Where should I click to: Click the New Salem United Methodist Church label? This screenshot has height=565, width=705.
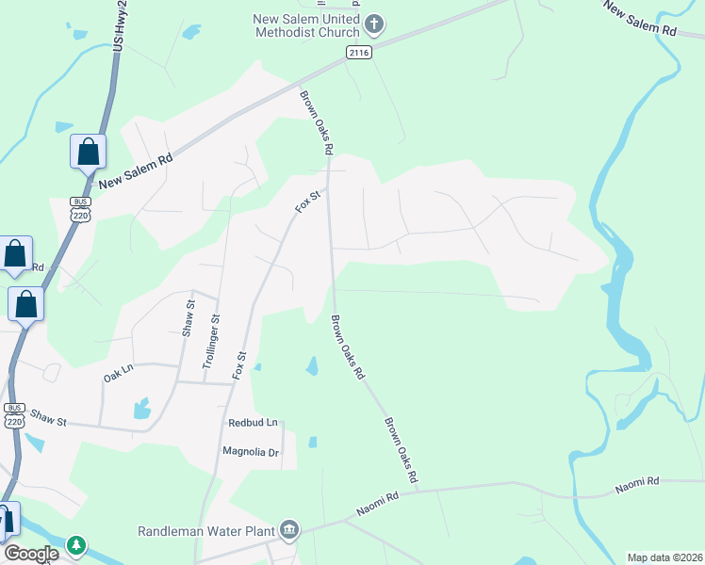click(x=306, y=25)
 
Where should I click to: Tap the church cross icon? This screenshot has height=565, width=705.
click(x=374, y=23)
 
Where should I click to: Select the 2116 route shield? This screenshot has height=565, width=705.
click(x=358, y=52)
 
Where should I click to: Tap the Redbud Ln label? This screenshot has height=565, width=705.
click(x=254, y=424)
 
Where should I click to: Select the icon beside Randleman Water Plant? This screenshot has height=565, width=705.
click(x=289, y=530)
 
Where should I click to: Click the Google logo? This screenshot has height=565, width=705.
click(x=32, y=554)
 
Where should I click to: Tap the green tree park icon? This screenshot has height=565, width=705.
click(x=75, y=545)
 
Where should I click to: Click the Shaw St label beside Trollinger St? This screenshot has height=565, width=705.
click(x=188, y=319)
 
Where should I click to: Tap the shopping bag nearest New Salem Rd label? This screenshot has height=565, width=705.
click(x=88, y=152)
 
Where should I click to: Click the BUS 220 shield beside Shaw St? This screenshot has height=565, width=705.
click(x=14, y=414)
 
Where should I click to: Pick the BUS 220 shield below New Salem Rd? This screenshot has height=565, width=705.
click(x=79, y=208)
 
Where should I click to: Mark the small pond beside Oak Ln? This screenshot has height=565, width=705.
click(x=141, y=408)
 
